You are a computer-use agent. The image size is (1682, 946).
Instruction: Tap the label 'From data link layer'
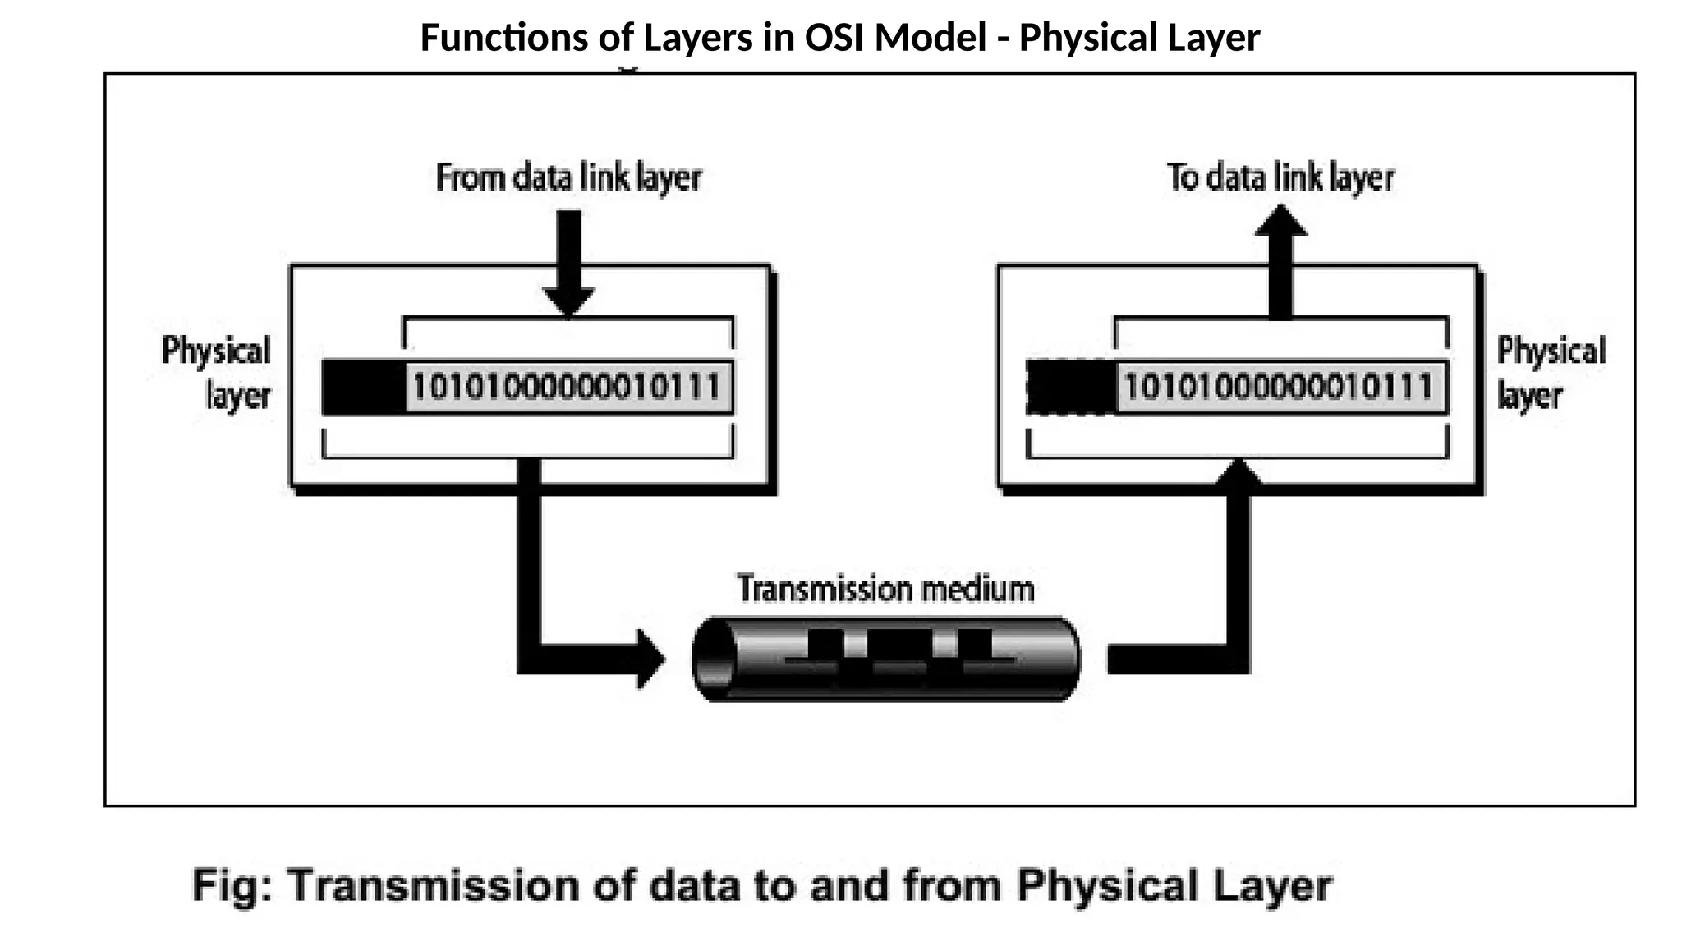click(x=568, y=177)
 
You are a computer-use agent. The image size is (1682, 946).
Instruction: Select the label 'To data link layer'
click(x=1280, y=177)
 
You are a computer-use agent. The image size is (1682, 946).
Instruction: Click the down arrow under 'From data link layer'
click(x=568, y=263)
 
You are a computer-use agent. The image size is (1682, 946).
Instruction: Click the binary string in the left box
click(x=567, y=388)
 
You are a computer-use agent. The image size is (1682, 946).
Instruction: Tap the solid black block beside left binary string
click(x=364, y=388)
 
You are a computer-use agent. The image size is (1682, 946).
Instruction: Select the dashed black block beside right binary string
click(x=1070, y=388)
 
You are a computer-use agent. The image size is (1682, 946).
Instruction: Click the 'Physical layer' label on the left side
click(x=217, y=373)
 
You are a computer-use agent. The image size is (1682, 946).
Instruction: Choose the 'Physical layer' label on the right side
click(x=1549, y=373)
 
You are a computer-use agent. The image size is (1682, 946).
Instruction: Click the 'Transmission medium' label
click(x=885, y=589)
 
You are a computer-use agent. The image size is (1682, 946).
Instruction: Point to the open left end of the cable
click(x=713, y=659)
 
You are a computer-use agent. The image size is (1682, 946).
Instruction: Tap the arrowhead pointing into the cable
click(x=650, y=659)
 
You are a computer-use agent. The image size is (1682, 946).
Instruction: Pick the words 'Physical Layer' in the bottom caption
click(x=1174, y=886)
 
